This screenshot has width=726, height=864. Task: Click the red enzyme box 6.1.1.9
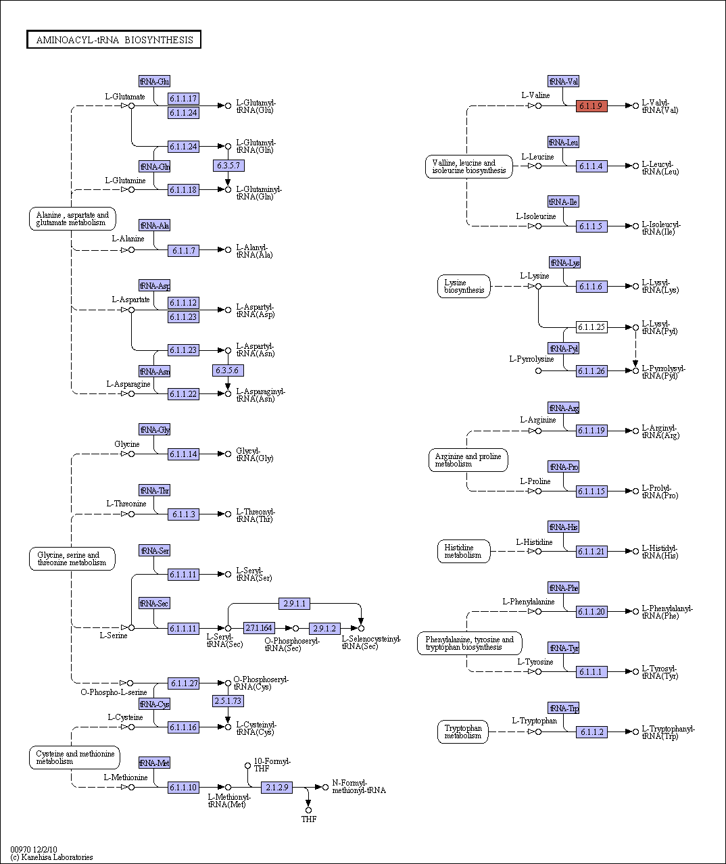pyautogui.click(x=591, y=106)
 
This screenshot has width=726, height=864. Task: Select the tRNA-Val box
pyautogui.click(x=563, y=81)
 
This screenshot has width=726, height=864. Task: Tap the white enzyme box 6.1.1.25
pyautogui.click(x=591, y=327)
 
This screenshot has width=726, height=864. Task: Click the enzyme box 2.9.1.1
pyautogui.click(x=294, y=603)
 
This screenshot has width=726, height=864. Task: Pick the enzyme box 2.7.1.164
pyautogui.click(x=259, y=628)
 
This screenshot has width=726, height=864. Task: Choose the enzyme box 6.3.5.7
pyautogui.click(x=228, y=166)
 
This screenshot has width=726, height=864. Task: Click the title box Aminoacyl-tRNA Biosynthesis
pyautogui.click(x=114, y=40)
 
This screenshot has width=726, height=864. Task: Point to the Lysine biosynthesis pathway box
pyautogui.click(x=464, y=287)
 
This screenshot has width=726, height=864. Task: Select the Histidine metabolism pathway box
pyautogui.click(x=464, y=551)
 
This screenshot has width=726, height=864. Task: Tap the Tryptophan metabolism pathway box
pyautogui.click(x=463, y=731)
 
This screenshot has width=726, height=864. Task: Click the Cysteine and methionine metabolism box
pyautogui.click(x=74, y=757)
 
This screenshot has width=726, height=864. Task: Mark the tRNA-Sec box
pyautogui.click(x=154, y=603)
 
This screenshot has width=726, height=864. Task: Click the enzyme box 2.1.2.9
pyautogui.click(x=276, y=787)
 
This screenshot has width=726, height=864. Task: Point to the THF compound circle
pyautogui.click(x=308, y=810)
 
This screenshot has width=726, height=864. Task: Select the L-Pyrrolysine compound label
pyautogui.click(x=531, y=359)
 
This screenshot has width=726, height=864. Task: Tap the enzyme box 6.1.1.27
pyautogui.click(x=183, y=683)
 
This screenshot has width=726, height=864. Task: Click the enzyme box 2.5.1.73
pyautogui.click(x=228, y=700)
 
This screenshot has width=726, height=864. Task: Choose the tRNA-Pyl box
pyautogui.click(x=563, y=348)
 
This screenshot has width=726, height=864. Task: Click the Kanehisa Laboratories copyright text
pyautogui.click(x=51, y=857)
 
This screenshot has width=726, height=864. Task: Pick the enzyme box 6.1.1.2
pyautogui.click(x=591, y=732)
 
